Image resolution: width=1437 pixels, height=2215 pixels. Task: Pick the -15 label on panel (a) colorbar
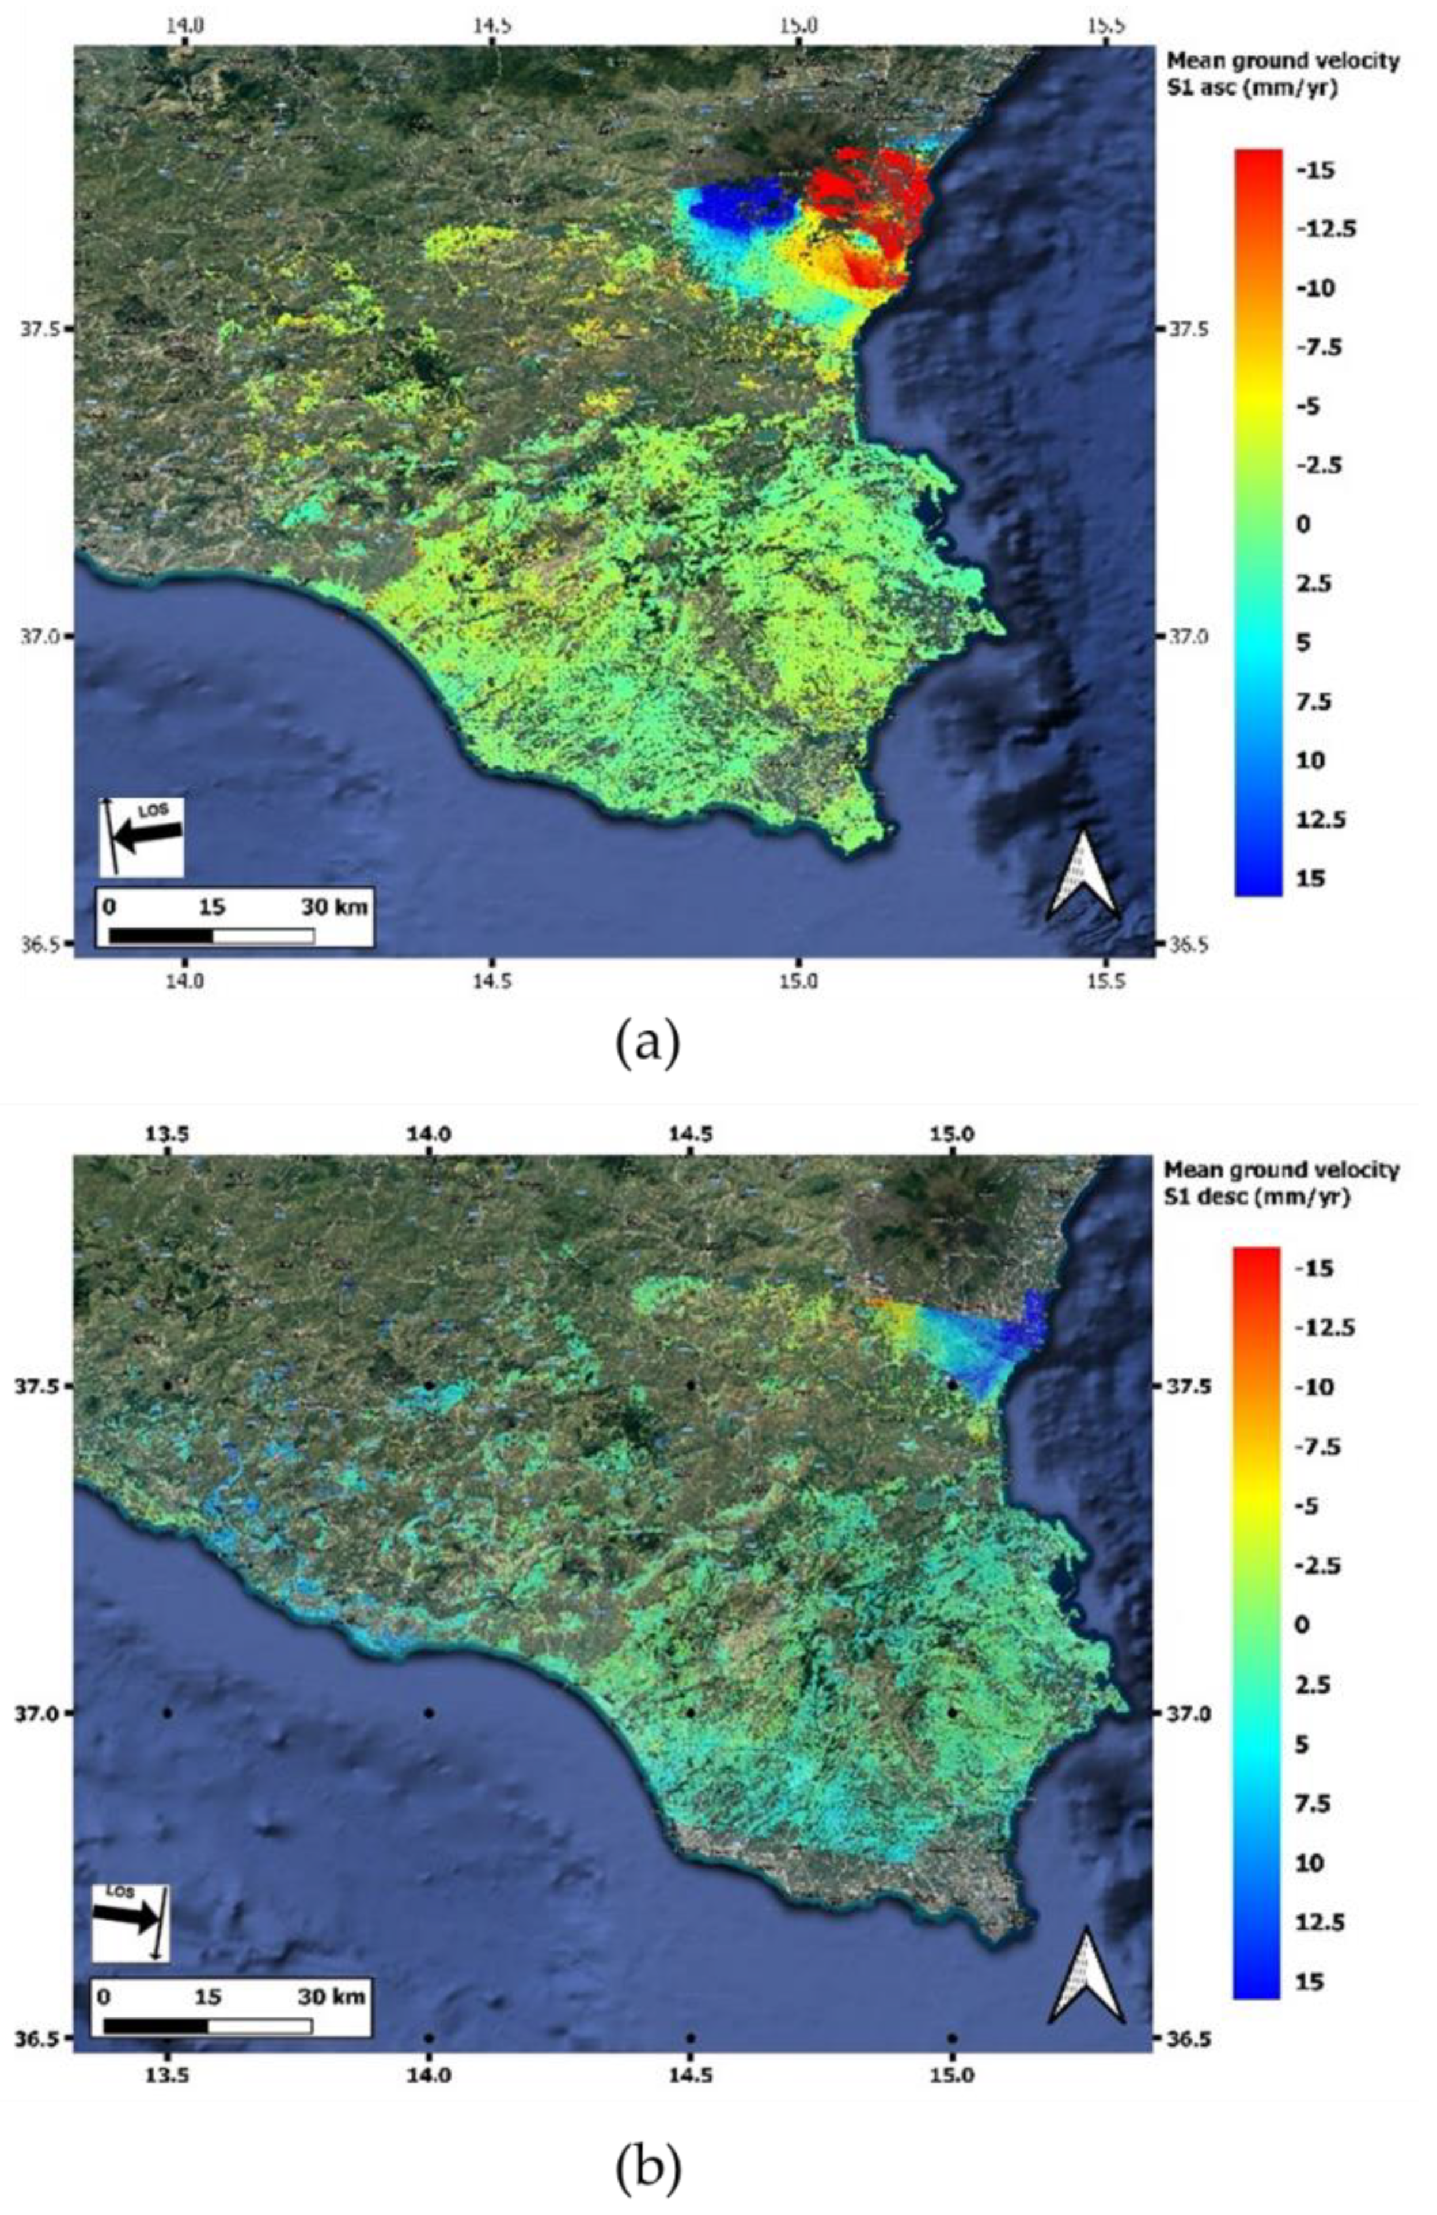coord(1315,170)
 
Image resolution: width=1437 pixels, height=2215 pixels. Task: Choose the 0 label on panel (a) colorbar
coord(1303,524)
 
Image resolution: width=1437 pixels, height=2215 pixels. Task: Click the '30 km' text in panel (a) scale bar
coord(335,907)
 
